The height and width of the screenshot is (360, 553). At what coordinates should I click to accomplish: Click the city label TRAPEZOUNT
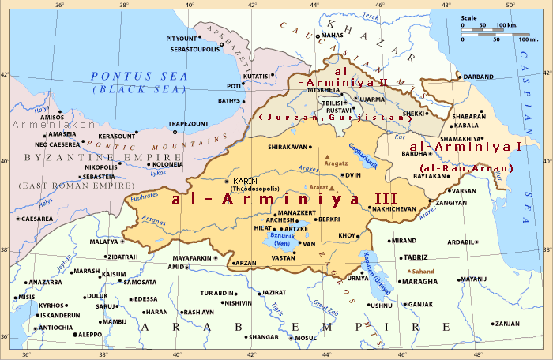coord(187,124)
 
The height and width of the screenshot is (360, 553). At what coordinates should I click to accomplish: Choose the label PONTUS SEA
coord(139,76)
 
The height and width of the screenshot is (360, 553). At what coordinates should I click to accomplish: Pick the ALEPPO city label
coord(91,335)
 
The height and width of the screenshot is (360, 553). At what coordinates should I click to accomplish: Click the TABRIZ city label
coord(415,257)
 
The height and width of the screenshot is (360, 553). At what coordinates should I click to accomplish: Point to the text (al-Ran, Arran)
coord(467,168)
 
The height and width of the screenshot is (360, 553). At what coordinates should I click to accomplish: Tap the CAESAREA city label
coord(38,219)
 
